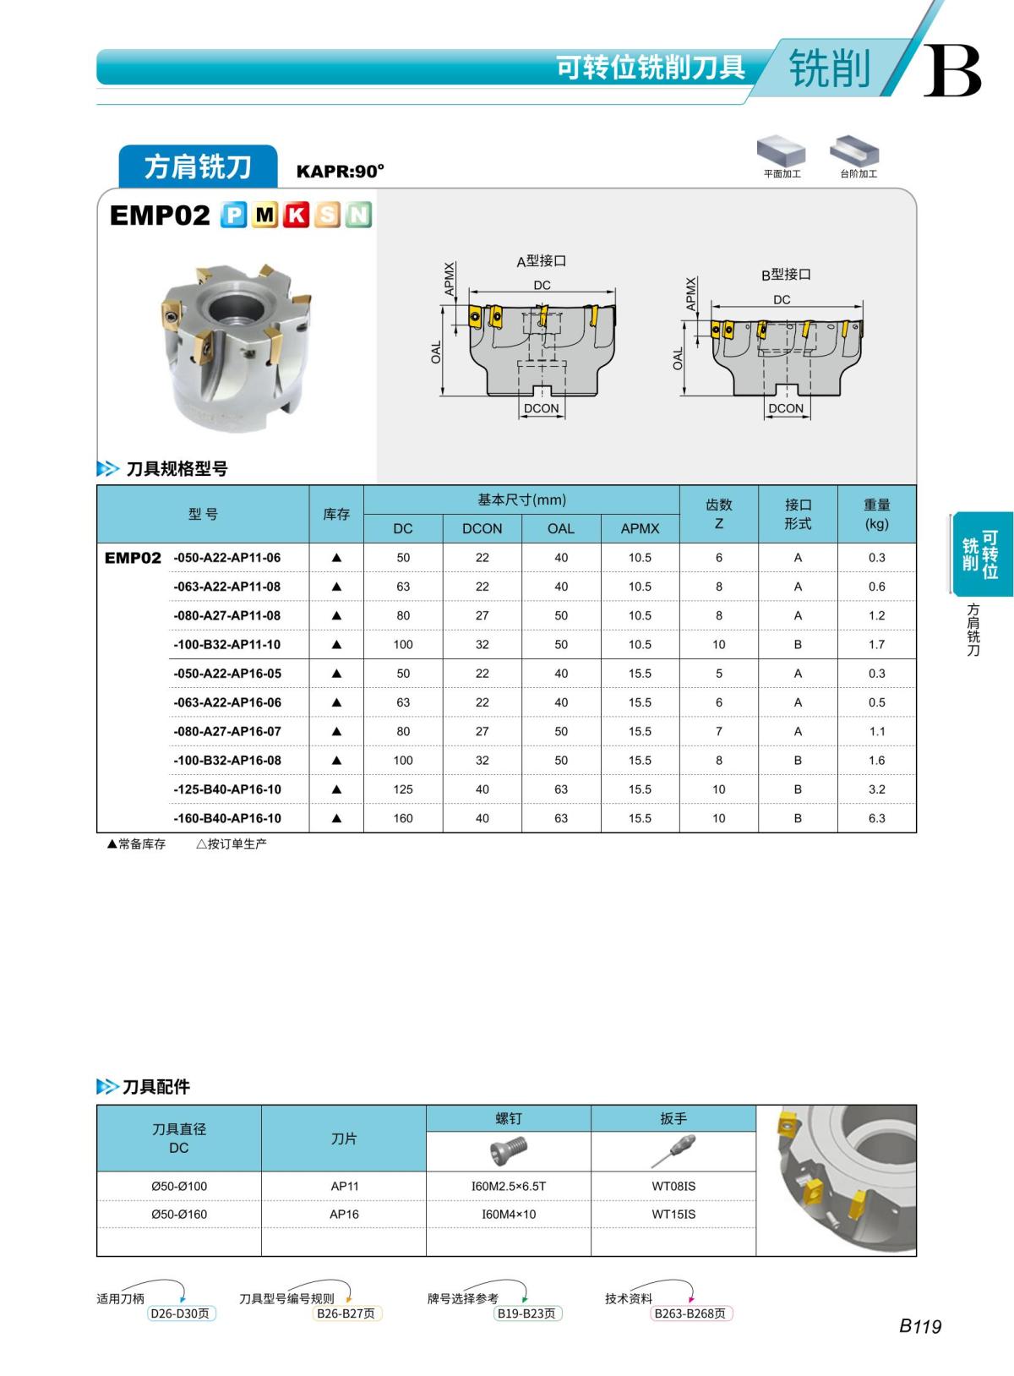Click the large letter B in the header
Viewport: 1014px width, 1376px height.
[952, 72]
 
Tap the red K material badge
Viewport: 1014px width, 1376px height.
[296, 216]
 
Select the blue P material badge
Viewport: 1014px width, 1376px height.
[233, 216]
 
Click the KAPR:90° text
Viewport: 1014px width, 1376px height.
[340, 172]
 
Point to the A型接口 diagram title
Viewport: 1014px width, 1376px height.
[541, 261]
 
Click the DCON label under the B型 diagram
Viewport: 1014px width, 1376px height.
[786, 408]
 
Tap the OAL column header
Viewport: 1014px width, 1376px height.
[560, 528]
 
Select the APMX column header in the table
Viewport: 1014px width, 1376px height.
[640, 528]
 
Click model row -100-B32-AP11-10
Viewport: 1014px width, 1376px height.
[226, 645]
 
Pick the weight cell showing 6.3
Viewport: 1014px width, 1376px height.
[876, 818]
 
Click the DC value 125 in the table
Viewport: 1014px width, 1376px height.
[403, 789]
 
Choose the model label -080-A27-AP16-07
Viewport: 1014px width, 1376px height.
[226, 732]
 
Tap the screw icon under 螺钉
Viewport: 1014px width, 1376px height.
[508, 1151]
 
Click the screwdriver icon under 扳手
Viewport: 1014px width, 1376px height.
[673, 1151]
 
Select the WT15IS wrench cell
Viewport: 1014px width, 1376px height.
[673, 1215]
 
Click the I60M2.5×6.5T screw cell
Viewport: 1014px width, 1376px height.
[508, 1187]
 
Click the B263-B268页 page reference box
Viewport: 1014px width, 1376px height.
[690, 1313]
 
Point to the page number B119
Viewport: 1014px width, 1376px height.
[919, 1327]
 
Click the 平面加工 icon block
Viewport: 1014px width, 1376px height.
[781, 155]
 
